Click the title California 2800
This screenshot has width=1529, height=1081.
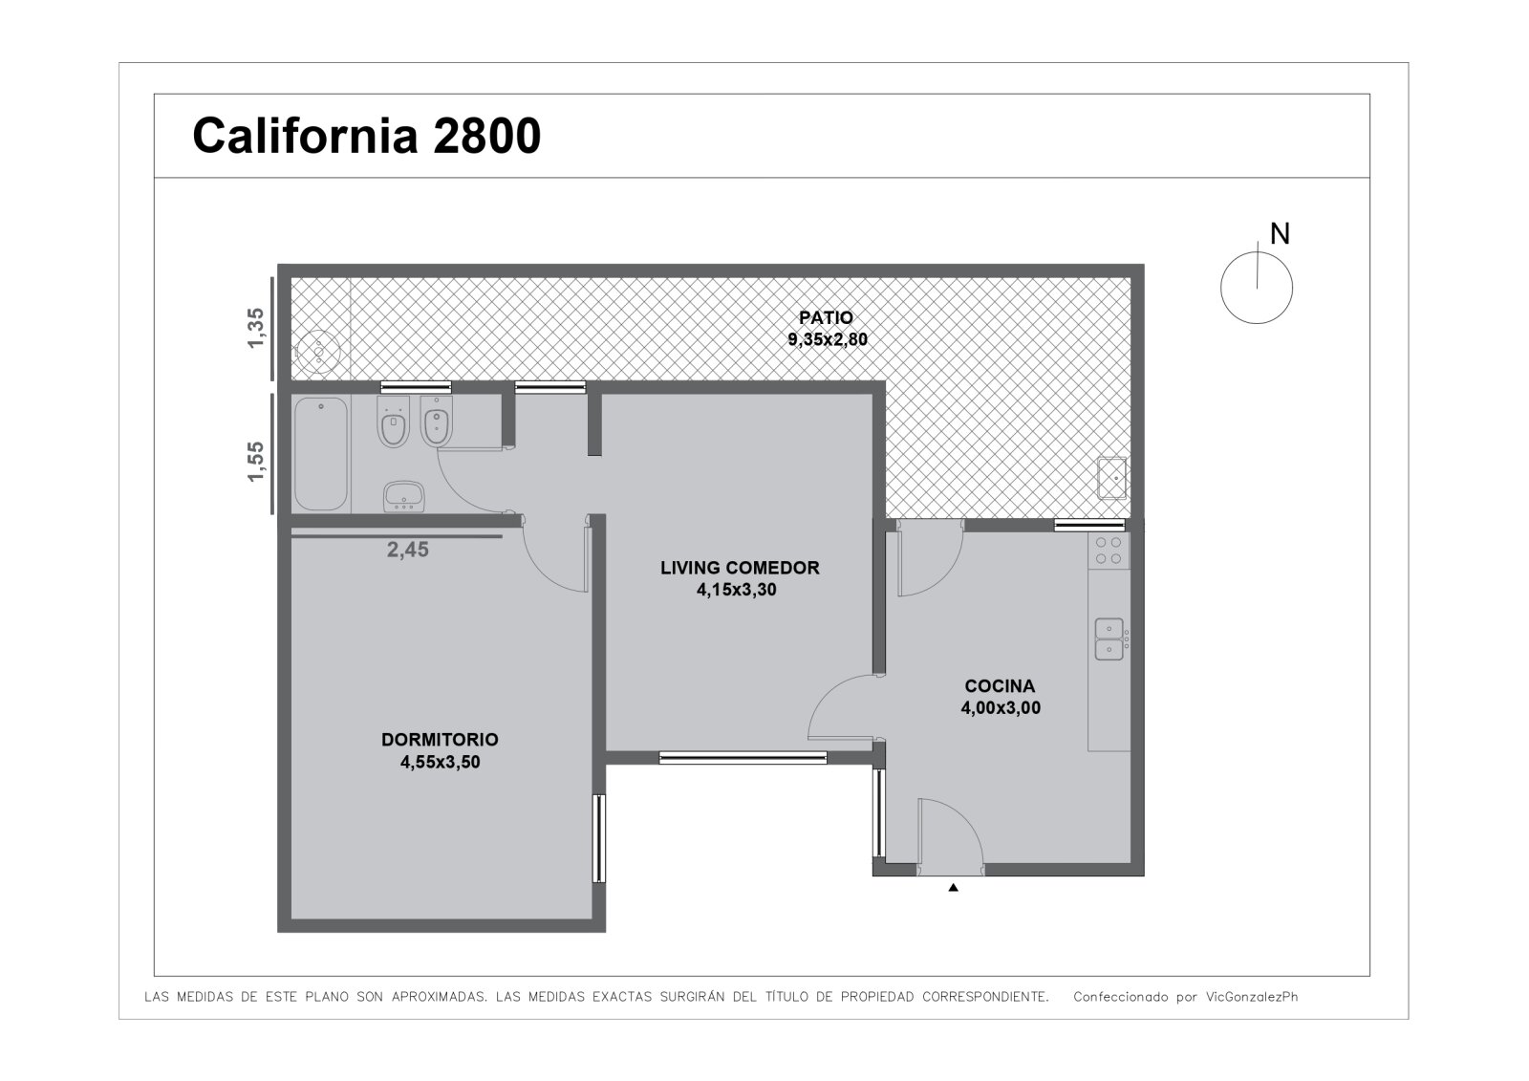(367, 136)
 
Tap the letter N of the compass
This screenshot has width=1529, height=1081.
(1280, 234)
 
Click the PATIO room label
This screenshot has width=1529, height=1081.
(826, 317)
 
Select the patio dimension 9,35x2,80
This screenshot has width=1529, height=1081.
(828, 339)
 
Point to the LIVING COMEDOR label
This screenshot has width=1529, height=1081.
(740, 568)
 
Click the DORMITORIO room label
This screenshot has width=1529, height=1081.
(440, 740)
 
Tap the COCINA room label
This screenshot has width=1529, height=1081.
(1000, 685)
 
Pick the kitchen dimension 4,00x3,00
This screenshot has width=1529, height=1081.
(1001, 707)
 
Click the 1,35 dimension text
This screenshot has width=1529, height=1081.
(255, 328)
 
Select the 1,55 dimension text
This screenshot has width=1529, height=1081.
(255, 461)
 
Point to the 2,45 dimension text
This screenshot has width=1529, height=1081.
(408, 550)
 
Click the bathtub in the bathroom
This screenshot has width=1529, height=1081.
(321, 453)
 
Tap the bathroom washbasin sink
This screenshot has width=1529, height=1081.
(404, 496)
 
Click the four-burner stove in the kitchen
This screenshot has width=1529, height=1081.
(1109, 551)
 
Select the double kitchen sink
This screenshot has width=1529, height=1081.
(1109, 639)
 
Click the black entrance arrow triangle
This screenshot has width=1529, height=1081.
(954, 888)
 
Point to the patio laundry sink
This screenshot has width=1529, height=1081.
(1111, 478)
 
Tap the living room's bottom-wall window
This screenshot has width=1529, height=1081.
(743, 757)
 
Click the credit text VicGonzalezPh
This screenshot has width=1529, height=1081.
(1252, 996)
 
